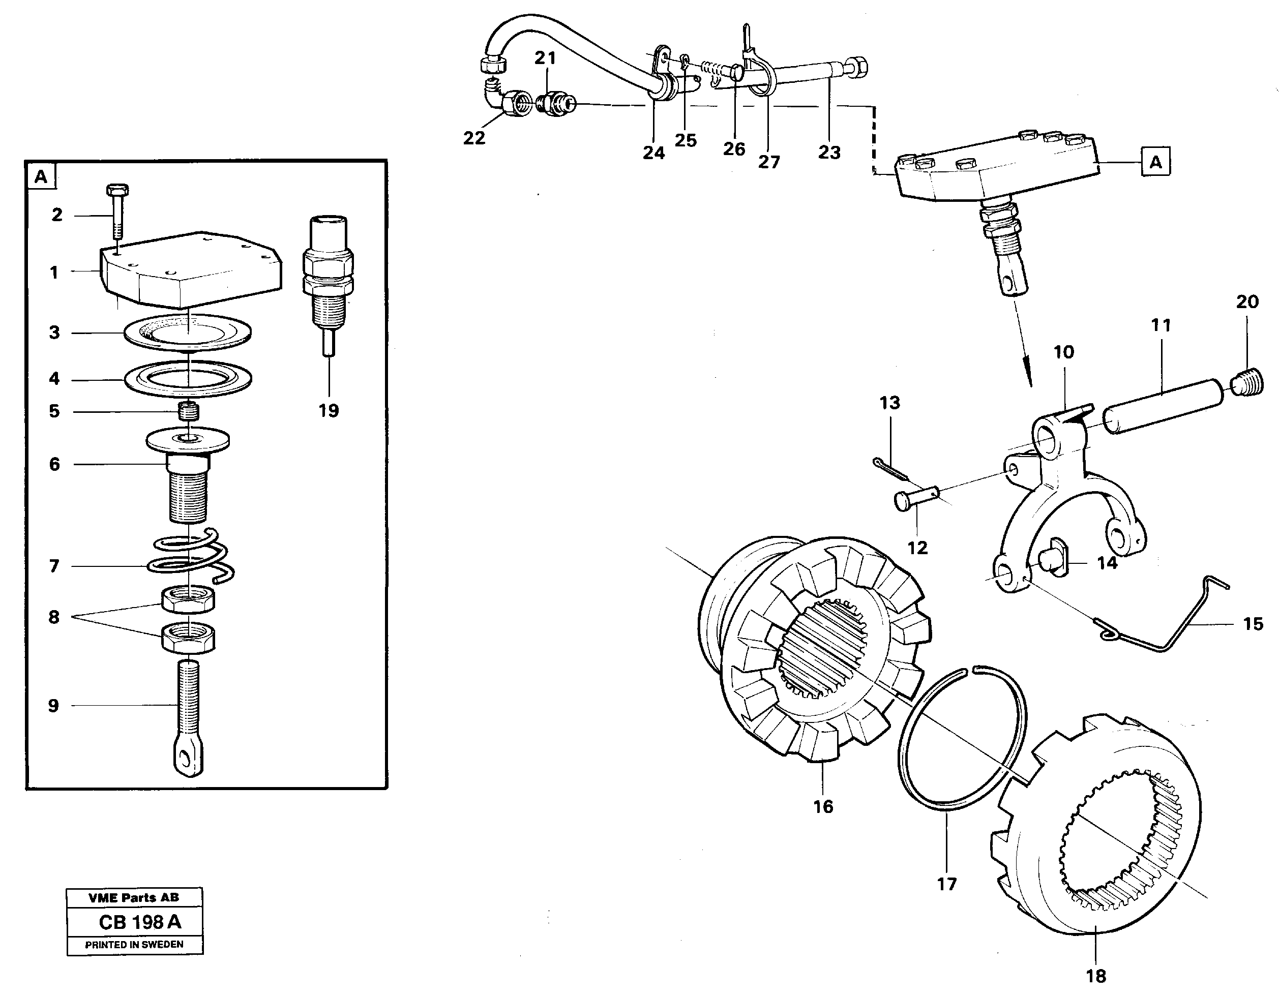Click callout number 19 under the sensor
[329, 410]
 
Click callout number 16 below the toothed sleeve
[823, 806]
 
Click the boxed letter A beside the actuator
[1155, 162]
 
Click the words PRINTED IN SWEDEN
[134, 945]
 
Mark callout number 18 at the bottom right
[1096, 976]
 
